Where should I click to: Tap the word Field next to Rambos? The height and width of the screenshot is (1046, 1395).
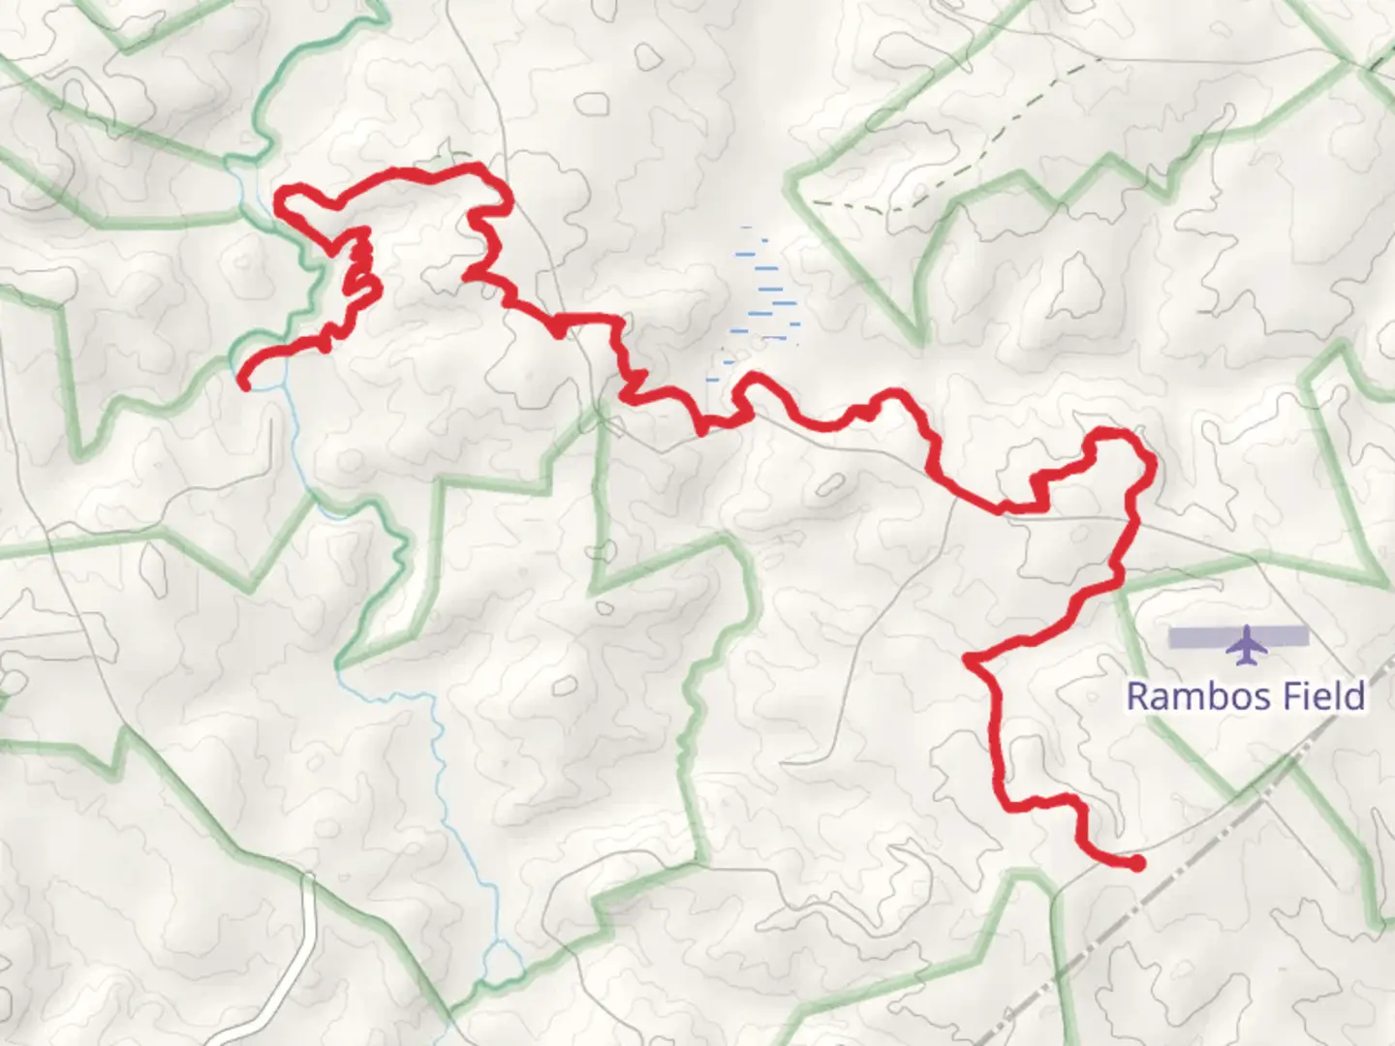click(1324, 696)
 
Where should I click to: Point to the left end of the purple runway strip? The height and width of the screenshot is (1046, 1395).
click(1172, 637)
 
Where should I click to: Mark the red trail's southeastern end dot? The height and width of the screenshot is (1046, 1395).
click(1136, 863)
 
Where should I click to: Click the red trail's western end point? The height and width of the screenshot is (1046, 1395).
click(245, 385)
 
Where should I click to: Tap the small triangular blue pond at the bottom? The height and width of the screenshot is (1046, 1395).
click(503, 960)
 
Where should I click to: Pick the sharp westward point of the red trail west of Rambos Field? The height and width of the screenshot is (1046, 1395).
click(970, 661)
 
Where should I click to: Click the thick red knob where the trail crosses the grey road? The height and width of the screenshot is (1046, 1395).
click(558, 328)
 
